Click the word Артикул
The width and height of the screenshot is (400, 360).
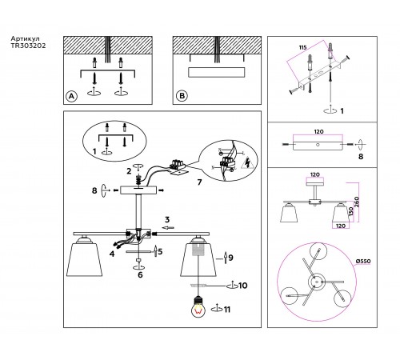coord(25,38)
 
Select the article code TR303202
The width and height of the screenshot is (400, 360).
coord(29,46)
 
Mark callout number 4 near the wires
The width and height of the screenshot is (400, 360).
coord(111,254)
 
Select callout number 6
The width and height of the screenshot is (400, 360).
coord(140,274)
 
